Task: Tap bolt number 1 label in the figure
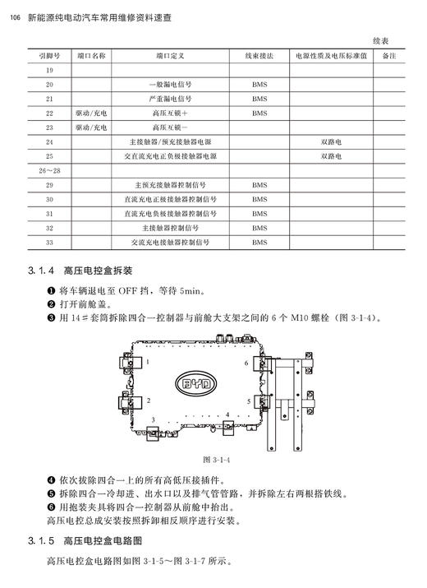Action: click(x=148, y=361)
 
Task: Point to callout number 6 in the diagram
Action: click(x=246, y=362)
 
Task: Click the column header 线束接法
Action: click(x=259, y=56)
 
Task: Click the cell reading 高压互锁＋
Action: click(x=170, y=113)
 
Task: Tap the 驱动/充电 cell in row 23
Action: click(x=91, y=127)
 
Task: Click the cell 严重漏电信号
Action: click(x=170, y=99)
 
